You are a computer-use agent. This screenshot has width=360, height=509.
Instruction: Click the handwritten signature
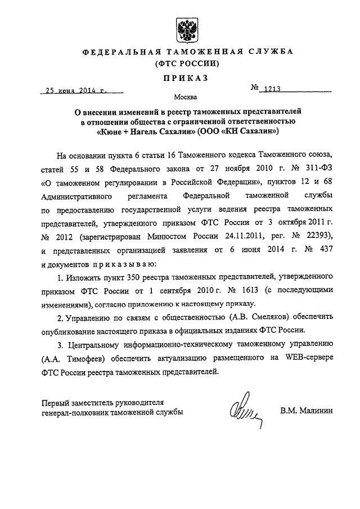click(x=245, y=415)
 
